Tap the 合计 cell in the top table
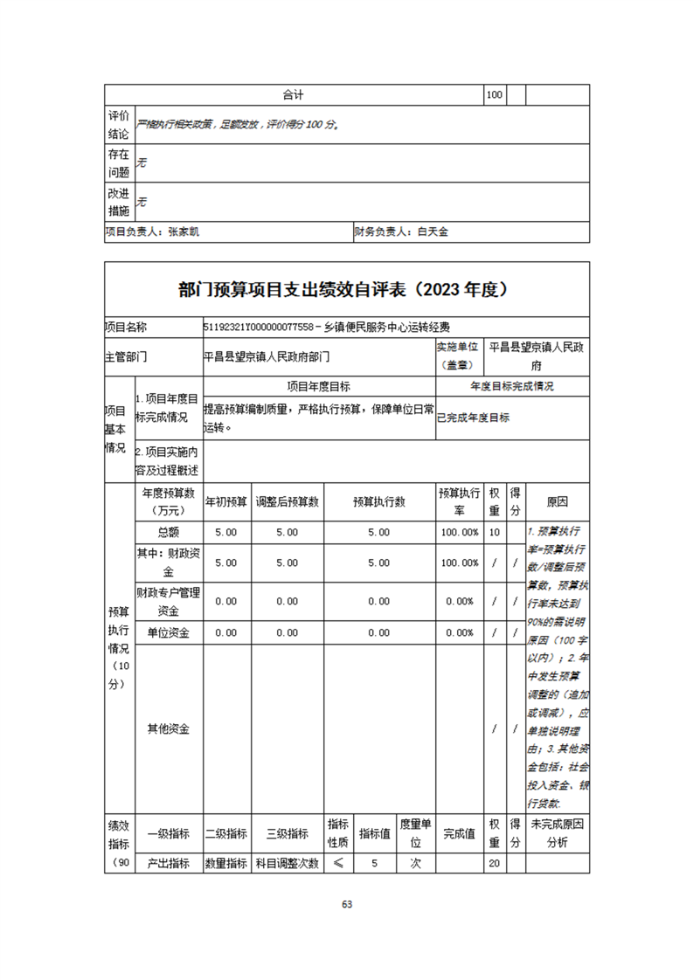point(294,94)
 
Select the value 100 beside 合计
point(494,94)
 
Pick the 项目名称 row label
point(126,328)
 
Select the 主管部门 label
point(126,356)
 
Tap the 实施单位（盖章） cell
point(460,356)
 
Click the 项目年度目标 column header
point(318,386)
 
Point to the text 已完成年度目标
point(473,418)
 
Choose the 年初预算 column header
point(226,502)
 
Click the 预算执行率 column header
point(460,502)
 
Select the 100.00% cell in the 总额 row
point(460,532)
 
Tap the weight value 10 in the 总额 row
point(495,532)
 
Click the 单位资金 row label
point(168,632)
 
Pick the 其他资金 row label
point(168,728)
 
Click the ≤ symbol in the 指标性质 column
point(338,863)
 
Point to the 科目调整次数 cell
point(287,863)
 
